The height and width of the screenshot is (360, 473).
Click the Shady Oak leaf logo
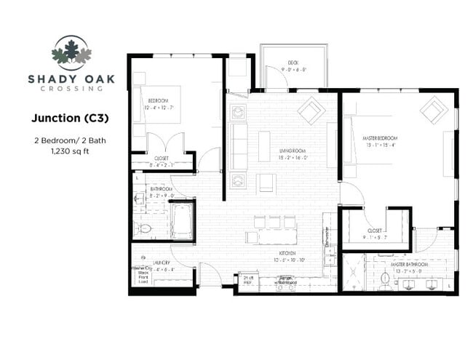pyautogui.click(x=71, y=53)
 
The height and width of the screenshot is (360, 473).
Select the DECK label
pyautogui.click(x=293, y=63)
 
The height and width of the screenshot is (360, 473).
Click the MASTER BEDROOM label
pyautogui.click(x=383, y=137)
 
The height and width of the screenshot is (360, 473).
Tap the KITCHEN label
pyautogui.click(x=285, y=250)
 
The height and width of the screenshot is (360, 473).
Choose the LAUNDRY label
pyautogui.click(x=162, y=262)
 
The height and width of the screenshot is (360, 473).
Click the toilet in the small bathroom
pyautogui.click(x=146, y=230)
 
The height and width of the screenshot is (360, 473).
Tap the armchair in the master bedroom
pyautogui.click(x=435, y=110)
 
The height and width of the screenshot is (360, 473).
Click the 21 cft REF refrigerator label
pyautogui.click(x=248, y=281)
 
